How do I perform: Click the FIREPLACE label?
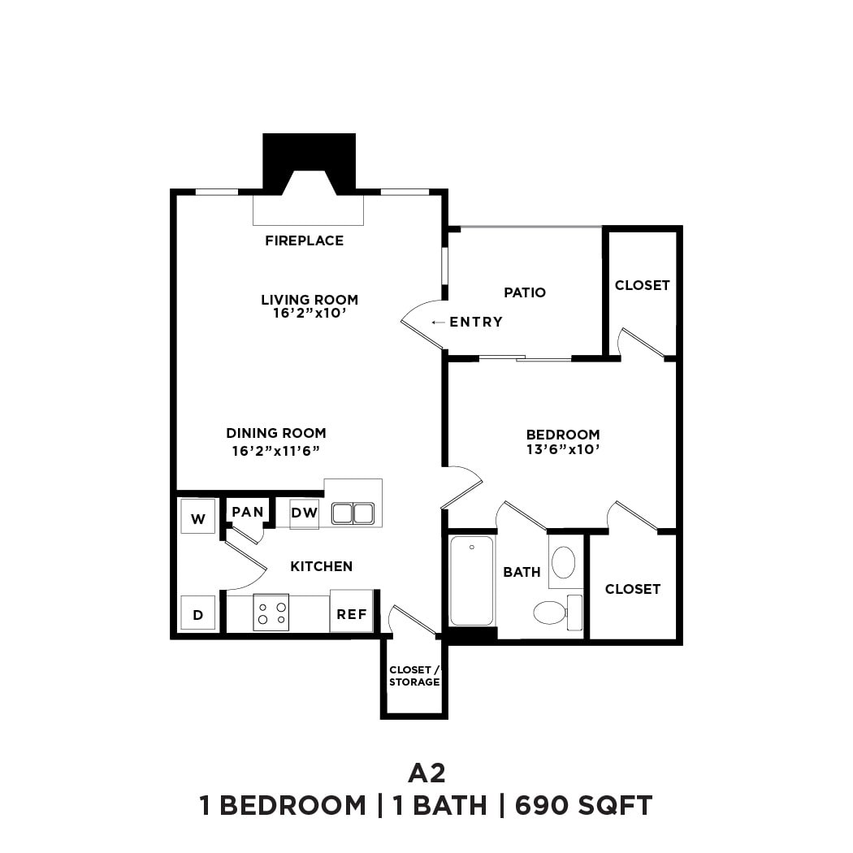pos(304,240)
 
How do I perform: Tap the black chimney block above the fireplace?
pos(309,154)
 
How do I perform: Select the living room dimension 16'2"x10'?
pos(309,313)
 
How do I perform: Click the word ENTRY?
pos(476,322)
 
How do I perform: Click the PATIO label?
pos(525,292)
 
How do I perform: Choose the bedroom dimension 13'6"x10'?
pos(563,448)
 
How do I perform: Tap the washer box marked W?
pos(197,517)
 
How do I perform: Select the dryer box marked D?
pos(197,615)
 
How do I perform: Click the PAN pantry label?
pos(248,512)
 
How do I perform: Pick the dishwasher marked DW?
pos(305,513)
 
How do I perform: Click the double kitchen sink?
pos(353,513)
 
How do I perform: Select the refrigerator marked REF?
pos(352,614)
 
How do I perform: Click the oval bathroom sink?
pos(563,562)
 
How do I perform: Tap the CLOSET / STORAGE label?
pos(414,676)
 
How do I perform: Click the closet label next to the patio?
pos(642,285)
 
